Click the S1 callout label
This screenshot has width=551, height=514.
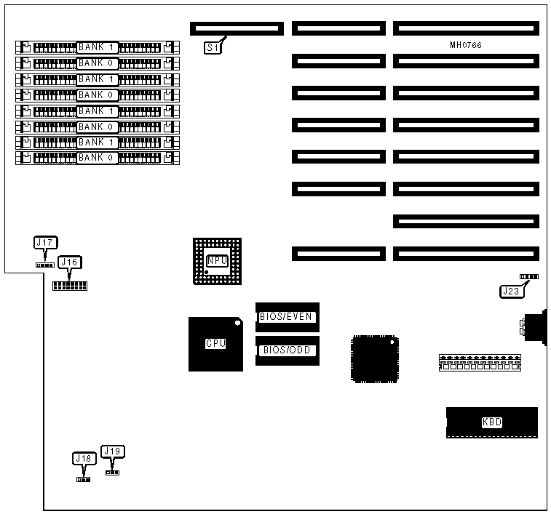[212, 48]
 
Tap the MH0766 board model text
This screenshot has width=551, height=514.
[466, 46]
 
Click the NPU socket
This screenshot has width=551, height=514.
[217, 260]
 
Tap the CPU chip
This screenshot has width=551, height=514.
[215, 344]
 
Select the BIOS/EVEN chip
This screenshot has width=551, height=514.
[288, 317]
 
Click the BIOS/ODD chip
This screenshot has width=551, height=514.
[288, 350]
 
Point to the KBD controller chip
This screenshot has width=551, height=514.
[492, 422]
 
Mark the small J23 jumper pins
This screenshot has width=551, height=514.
[529, 277]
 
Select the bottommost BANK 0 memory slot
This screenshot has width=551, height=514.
[97, 157]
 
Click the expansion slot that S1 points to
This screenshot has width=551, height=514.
[236, 28]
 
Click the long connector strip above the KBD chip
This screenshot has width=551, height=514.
[480, 362]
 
